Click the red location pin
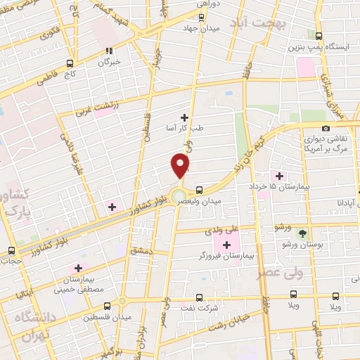coord(181,166)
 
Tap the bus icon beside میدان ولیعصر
coord(200,189)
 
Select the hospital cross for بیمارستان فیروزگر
coord(216,243)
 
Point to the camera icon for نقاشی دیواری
coord(326,128)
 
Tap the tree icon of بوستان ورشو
coord(302,232)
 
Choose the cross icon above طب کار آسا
coord(185,117)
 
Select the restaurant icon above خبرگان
coord(108,50)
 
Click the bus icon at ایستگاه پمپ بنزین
coord(319,37)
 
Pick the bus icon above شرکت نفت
coord(200,297)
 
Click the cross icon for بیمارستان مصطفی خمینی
coord(78,267)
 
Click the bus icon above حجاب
coord(11,250)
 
